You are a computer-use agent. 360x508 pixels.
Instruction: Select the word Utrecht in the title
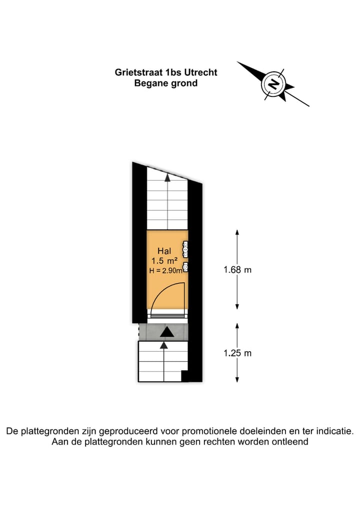coord(201,72)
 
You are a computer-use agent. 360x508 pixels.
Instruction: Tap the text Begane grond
coord(165,83)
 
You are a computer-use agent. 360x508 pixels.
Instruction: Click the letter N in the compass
coord(273,84)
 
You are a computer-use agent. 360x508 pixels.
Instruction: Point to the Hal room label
coord(164,251)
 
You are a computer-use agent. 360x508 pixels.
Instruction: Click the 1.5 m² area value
coord(164,260)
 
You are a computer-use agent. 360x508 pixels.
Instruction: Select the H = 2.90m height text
coord(166,271)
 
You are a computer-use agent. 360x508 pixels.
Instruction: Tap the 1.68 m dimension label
coord(237,270)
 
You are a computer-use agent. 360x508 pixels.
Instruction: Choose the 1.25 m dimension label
coord(237,353)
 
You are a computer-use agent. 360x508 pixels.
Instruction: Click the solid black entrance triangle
coord(167,332)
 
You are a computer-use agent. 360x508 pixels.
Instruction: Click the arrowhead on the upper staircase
coord(167,177)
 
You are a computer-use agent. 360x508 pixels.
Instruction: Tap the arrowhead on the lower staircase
coord(164,345)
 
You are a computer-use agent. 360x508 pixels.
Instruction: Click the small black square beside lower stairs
coord(184,376)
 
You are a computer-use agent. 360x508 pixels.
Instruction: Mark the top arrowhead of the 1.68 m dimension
coord(237,232)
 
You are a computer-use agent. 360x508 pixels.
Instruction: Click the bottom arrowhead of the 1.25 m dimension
coord(237,380)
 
